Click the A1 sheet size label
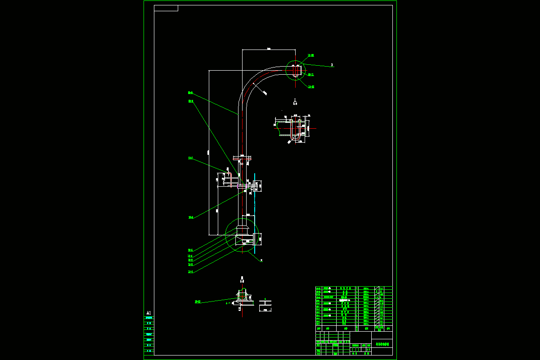pyautogui.click(x=148, y=313)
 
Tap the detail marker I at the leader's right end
pyautogui.click(x=332, y=65)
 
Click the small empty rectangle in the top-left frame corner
pyautogui.click(x=166, y=8)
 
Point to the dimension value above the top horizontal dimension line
pyautogui.click(x=269, y=48)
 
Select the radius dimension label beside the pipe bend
pyautogui.click(x=265, y=93)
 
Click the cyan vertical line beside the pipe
pyautogui.click(x=254, y=211)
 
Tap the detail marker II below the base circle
pyautogui.click(x=261, y=260)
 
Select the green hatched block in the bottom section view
pyautogui.click(x=243, y=296)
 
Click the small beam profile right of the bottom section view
pyautogui.click(x=265, y=306)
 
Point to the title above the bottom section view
pyautogui.click(x=242, y=279)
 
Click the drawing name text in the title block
pyautogui.click(x=382, y=344)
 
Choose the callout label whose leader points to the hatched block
pyautogui.click(x=197, y=301)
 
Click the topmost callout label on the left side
pyautogui.click(x=190, y=93)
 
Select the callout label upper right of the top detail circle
pyautogui.click(x=311, y=55)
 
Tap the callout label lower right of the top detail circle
pyautogui.click(x=311, y=87)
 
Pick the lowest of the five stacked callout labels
pyautogui.click(x=190, y=272)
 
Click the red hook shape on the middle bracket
pyautogui.click(x=228, y=173)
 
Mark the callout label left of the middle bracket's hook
pyautogui.click(x=190, y=158)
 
